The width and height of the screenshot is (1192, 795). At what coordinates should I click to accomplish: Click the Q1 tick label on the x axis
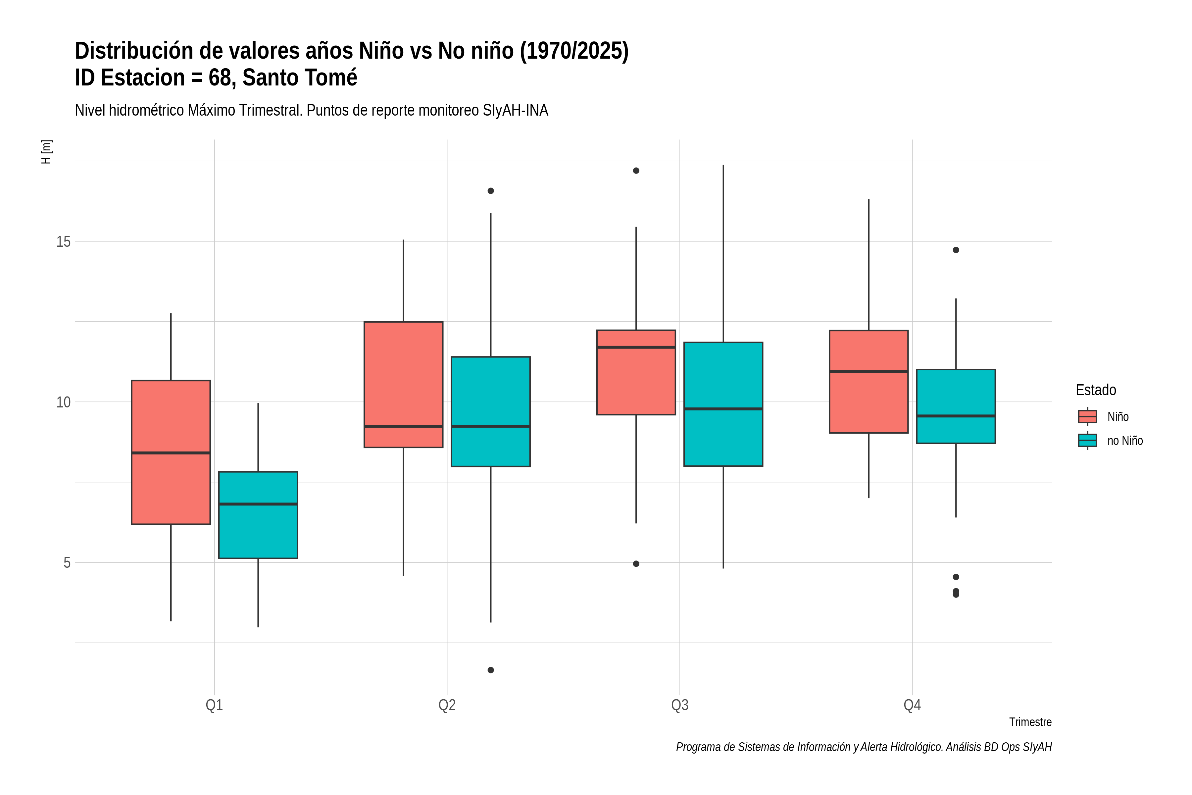[214, 705]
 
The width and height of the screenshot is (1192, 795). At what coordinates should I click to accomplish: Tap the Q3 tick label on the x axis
[680, 705]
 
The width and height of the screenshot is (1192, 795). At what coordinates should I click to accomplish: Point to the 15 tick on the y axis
[63, 241]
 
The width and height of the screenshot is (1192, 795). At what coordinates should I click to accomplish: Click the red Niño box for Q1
[171, 452]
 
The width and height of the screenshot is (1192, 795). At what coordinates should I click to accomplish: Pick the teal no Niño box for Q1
[258, 515]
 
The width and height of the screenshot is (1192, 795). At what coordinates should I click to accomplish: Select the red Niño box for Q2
[403, 384]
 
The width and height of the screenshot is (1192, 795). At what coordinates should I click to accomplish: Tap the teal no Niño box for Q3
[723, 404]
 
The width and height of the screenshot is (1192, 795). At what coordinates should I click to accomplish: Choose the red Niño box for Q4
[869, 382]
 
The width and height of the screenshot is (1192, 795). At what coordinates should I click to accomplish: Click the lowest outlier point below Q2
[491, 670]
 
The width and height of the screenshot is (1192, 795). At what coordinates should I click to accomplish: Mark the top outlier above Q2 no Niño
[491, 191]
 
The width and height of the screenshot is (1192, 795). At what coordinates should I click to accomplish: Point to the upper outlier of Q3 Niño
[636, 170]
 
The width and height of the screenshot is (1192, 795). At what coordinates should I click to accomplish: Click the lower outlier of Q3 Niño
[636, 564]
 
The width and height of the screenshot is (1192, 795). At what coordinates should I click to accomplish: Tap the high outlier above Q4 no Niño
[956, 250]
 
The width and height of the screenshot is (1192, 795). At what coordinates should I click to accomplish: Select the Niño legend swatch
[1088, 416]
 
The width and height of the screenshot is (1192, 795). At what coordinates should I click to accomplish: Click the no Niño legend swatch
[1088, 440]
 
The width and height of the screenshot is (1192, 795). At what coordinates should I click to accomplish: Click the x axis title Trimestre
[1030, 722]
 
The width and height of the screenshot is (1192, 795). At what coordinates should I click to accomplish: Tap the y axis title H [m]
[46, 152]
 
